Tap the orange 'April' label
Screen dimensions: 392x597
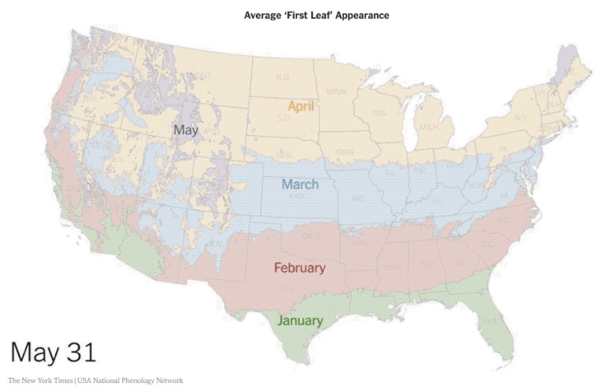301,105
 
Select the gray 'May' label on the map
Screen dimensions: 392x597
186,130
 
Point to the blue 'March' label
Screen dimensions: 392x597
299,184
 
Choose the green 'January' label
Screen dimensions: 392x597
300,321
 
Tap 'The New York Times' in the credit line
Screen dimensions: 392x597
40,381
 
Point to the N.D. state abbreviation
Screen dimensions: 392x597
284,78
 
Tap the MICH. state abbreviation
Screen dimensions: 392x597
426,128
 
